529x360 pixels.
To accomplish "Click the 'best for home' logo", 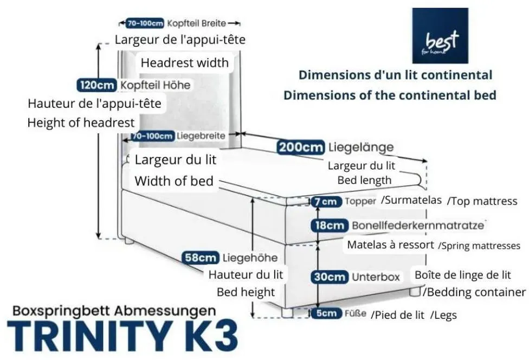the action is pyautogui.click(x=440, y=35).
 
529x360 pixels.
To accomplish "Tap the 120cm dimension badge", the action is pyautogui.click(x=97, y=85).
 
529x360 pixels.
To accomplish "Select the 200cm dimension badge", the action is pyautogui.click(x=301, y=147).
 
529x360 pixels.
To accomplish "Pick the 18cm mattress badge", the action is pyautogui.click(x=329, y=226).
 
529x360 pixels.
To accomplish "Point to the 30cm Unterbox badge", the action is pyautogui.click(x=330, y=277).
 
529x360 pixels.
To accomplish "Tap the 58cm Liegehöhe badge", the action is pyautogui.click(x=200, y=258).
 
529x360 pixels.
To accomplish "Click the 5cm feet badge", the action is pyautogui.click(x=326, y=313).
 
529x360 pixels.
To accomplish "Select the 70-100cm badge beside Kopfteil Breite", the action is pyautogui.click(x=145, y=23).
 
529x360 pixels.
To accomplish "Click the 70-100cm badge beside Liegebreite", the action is pyautogui.click(x=153, y=136).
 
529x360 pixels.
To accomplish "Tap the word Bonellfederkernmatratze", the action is pyautogui.click(x=418, y=226).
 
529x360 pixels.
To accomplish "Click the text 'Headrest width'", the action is pyautogui.click(x=184, y=63).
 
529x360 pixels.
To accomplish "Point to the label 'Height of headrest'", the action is pyautogui.click(x=81, y=123).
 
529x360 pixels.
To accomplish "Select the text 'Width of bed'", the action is pyautogui.click(x=174, y=181).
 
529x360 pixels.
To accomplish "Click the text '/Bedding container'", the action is pyautogui.click(x=474, y=292).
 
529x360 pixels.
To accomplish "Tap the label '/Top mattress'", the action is pyautogui.click(x=482, y=202).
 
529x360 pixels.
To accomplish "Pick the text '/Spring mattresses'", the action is pyautogui.click(x=479, y=246).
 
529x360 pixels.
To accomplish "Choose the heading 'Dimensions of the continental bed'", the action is pyautogui.click(x=390, y=95).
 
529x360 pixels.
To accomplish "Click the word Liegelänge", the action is pyautogui.click(x=361, y=147).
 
